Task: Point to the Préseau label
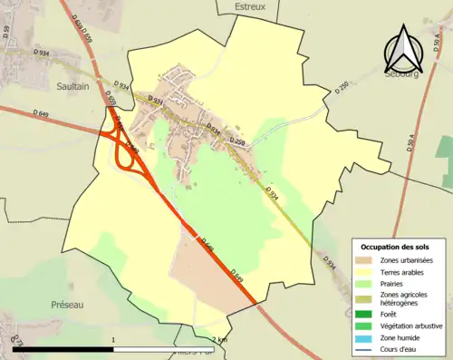click(x=66, y=306)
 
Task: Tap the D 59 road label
click(x=6, y=37)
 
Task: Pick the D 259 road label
click(x=237, y=142)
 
